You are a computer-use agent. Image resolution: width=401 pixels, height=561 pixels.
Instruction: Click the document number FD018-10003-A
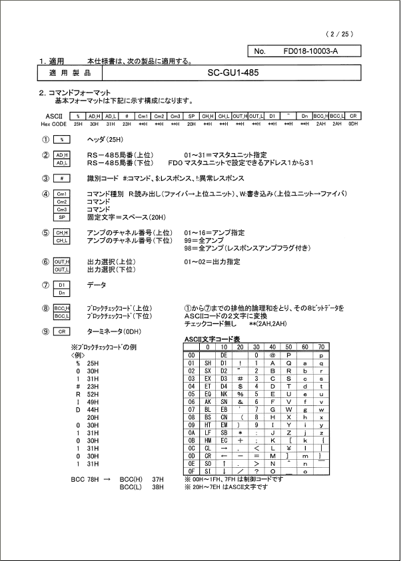(x=310, y=51)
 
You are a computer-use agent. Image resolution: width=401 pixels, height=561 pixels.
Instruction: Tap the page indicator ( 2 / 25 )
(x=338, y=34)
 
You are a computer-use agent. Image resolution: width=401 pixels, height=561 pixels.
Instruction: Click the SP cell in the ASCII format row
(x=191, y=116)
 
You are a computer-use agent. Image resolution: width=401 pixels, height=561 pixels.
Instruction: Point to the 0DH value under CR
(x=354, y=124)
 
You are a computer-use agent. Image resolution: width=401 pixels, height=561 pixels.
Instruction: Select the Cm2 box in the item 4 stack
(x=61, y=202)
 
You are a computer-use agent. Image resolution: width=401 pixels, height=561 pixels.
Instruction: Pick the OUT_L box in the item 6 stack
(x=61, y=270)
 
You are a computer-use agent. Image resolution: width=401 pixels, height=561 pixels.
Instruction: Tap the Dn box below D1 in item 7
(x=61, y=293)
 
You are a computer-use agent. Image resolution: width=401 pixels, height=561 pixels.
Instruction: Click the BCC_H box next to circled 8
(x=61, y=308)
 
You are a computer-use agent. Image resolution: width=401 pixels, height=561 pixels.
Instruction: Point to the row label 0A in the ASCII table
(x=192, y=433)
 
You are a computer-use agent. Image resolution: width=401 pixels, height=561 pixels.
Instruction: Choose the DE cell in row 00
(x=224, y=355)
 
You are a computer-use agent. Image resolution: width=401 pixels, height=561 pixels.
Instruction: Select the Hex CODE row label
(x=53, y=124)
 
